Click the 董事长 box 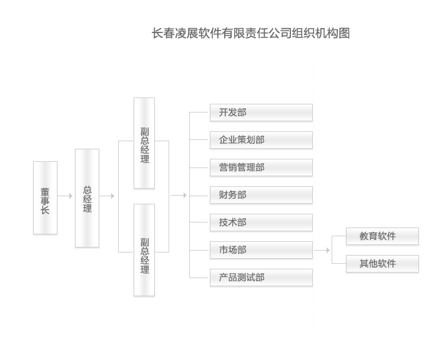46,198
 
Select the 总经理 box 87,198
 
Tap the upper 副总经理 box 144,143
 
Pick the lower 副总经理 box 144,250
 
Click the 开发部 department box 260,112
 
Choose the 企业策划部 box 260,140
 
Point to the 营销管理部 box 260,167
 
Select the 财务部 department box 260,195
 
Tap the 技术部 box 260,222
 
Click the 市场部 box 260,250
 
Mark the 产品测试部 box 260,277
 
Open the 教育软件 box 382,236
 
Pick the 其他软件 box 382,264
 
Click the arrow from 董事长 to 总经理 66,196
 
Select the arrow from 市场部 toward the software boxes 323,251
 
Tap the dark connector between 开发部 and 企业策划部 239,127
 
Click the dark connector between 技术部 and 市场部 239,237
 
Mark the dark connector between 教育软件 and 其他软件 377,251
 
